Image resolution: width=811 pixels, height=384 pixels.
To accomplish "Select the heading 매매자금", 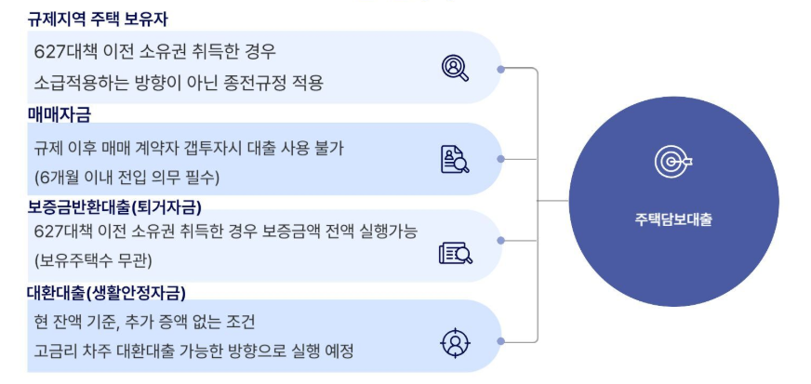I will pyautogui.click(x=60, y=113).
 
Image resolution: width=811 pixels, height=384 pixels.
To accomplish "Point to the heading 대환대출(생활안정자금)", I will pyautogui.click(x=106, y=294).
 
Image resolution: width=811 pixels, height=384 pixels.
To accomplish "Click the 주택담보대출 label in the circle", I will pyautogui.click(x=672, y=219).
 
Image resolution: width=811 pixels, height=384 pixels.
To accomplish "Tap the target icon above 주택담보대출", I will pyautogui.click(x=672, y=163).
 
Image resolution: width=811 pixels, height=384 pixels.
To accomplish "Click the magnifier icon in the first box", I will pyautogui.click(x=456, y=67).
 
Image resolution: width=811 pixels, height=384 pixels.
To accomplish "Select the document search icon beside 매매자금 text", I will pyautogui.click(x=455, y=159).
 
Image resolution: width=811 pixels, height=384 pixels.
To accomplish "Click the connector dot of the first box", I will pyautogui.click(x=501, y=69).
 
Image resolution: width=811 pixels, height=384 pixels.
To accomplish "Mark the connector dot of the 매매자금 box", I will pyautogui.click(x=501, y=159).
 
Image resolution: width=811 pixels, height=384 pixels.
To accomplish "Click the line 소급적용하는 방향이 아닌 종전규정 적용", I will pyautogui.click(x=179, y=83).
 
